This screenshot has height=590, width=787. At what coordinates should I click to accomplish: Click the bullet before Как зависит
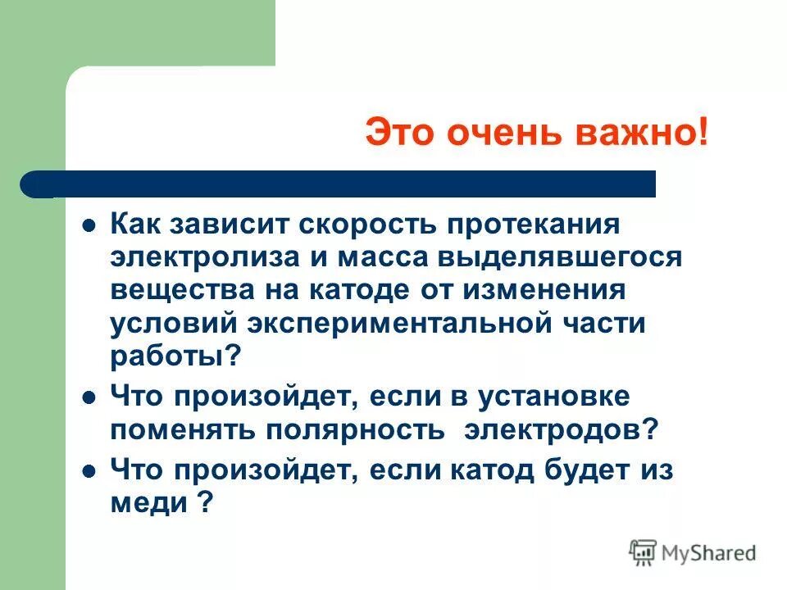[91, 225]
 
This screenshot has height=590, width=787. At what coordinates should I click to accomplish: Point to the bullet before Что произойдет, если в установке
[91, 398]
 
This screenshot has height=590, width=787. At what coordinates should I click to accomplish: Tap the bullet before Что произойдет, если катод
[91, 472]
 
